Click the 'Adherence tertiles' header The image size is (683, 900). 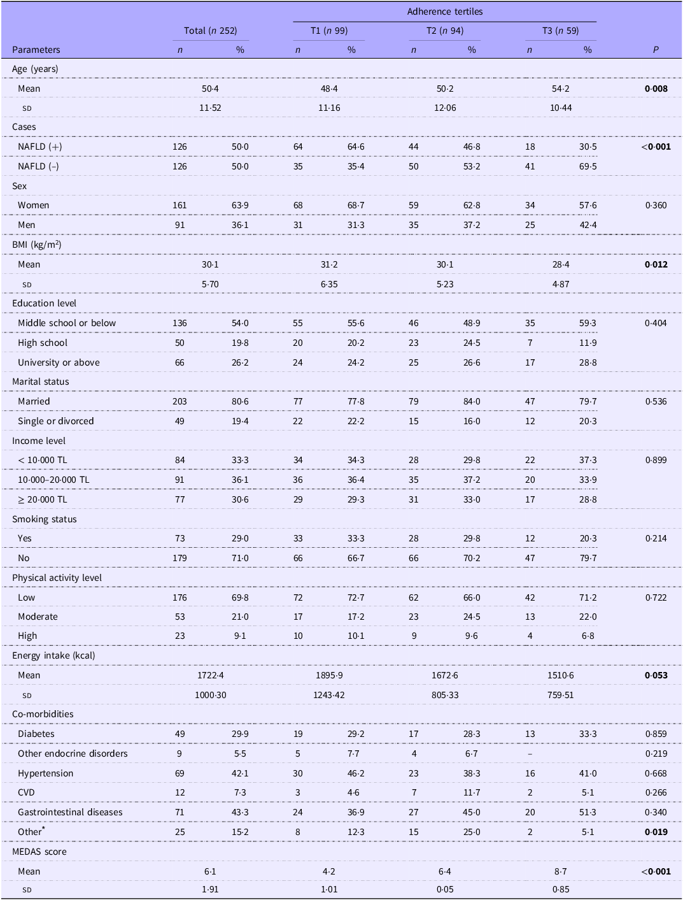(x=444, y=11)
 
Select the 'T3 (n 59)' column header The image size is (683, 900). (x=561, y=31)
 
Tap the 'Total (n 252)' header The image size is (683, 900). (x=210, y=31)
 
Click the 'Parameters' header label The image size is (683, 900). (x=36, y=50)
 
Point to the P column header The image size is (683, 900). (x=656, y=50)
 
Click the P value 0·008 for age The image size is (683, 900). (x=656, y=89)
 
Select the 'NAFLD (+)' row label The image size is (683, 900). (x=39, y=146)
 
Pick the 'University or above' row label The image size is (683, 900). (x=59, y=362)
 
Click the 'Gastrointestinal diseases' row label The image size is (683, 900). (x=70, y=812)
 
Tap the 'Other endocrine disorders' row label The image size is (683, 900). (x=73, y=754)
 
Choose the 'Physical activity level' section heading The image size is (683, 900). (x=57, y=578)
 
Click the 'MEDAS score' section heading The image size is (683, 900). (x=39, y=852)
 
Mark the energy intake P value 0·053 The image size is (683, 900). (x=656, y=675)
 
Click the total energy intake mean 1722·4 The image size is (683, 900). (x=211, y=675)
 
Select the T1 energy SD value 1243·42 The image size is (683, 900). (x=329, y=695)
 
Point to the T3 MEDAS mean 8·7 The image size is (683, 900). (x=561, y=871)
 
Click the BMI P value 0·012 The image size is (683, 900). (x=656, y=264)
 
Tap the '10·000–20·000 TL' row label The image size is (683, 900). (x=53, y=480)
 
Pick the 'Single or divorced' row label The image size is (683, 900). (x=56, y=421)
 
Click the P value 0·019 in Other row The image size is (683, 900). (x=656, y=832)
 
